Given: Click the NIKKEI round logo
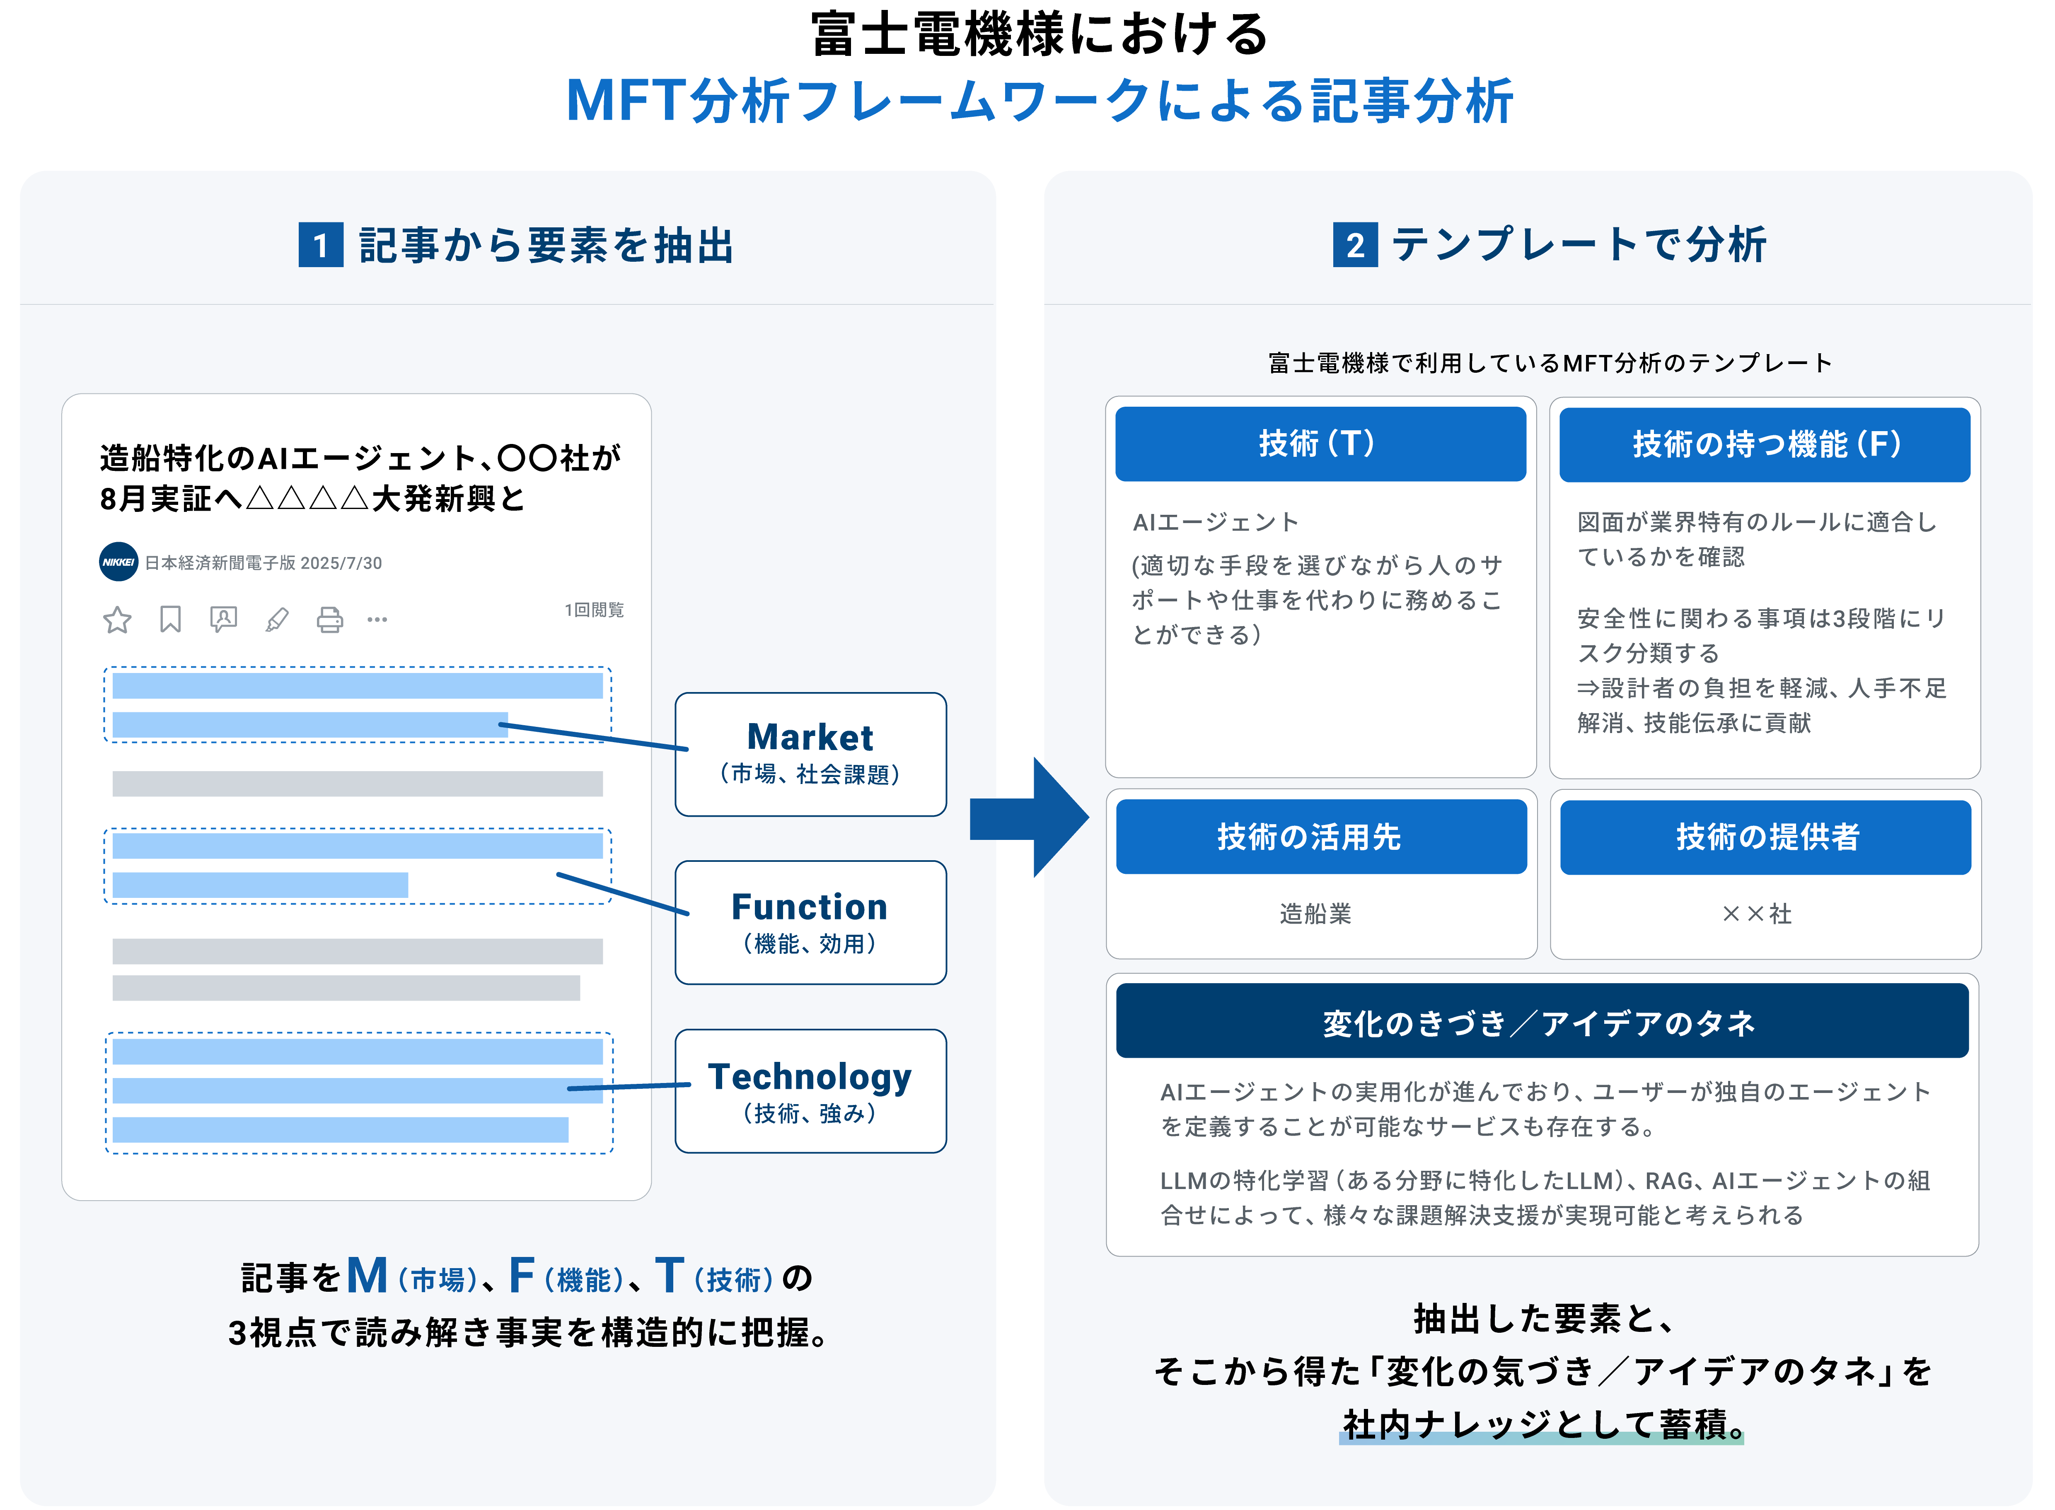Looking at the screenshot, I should tap(118, 562).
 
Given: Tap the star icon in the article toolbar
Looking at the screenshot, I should tap(117, 620).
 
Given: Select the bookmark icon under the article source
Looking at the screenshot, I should tap(170, 620).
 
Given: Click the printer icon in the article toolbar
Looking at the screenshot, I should tap(329, 620).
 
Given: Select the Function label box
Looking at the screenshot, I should tap(810, 922).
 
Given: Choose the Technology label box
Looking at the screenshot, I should tap(810, 1090).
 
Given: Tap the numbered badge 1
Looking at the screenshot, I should tap(321, 245).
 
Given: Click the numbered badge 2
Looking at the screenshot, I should tap(1355, 245).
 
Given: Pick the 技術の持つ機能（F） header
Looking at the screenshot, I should tap(1764, 444).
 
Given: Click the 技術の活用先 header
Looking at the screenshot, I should tap(1320, 836).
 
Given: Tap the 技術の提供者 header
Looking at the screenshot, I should tap(1764, 836).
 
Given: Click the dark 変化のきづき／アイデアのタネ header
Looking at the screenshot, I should tap(1541, 1022).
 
